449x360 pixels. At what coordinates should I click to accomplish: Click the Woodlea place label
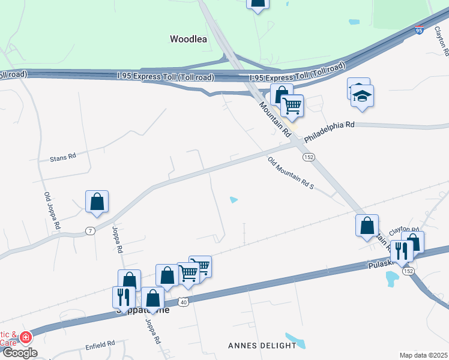click(189, 39)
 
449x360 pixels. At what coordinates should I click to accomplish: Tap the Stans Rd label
click(63, 157)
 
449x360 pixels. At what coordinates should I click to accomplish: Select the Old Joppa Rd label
click(53, 211)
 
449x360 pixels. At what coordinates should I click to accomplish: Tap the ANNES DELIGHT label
click(262, 346)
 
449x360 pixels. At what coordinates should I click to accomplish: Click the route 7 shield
click(90, 231)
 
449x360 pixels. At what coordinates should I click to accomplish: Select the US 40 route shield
click(183, 302)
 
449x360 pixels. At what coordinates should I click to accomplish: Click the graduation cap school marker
click(362, 96)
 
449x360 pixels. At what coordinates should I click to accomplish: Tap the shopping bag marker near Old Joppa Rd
click(97, 202)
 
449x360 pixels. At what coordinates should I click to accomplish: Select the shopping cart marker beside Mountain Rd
click(292, 106)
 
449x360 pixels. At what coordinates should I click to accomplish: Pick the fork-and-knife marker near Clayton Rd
click(401, 251)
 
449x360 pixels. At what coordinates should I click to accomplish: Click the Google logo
click(19, 353)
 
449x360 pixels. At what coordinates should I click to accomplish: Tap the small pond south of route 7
click(234, 200)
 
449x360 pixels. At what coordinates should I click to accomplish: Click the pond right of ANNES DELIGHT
click(295, 340)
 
